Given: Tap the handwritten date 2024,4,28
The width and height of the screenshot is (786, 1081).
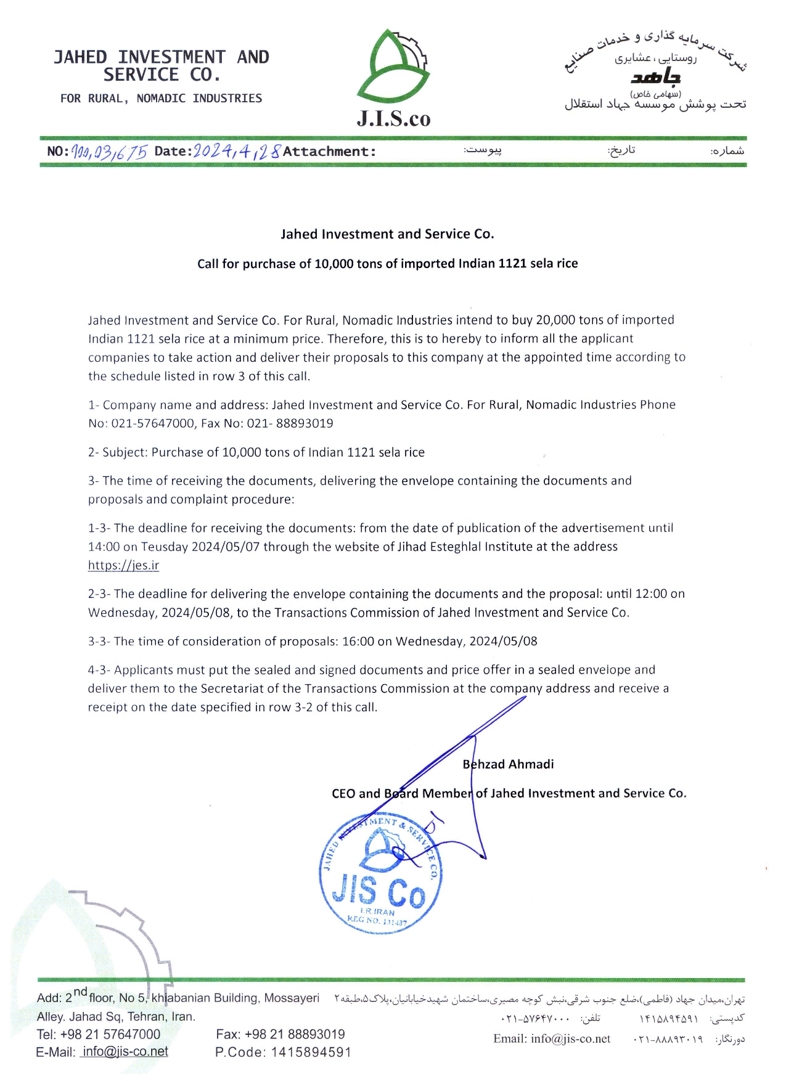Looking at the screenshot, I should [x=237, y=151].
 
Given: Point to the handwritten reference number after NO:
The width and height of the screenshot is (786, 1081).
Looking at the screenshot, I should [x=109, y=152].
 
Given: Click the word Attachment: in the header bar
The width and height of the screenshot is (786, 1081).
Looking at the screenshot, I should [x=329, y=152].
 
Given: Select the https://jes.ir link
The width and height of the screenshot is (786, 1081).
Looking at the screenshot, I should [x=123, y=565].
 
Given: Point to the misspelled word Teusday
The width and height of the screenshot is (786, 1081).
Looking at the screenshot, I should [x=165, y=547].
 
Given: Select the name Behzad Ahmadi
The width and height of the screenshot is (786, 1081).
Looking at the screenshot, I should [x=508, y=764].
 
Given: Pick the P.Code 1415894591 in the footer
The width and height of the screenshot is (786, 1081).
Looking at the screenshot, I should [x=283, y=1052].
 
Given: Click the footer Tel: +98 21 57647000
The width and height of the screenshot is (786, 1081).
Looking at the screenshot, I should [x=99, y=1034].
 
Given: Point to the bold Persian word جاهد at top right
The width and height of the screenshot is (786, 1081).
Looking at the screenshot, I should [x=655, y=77].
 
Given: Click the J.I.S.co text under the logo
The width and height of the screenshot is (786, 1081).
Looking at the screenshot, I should [x=393, y=118].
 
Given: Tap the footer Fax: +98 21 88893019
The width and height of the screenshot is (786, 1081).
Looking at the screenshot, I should [x=280, y=1034].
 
